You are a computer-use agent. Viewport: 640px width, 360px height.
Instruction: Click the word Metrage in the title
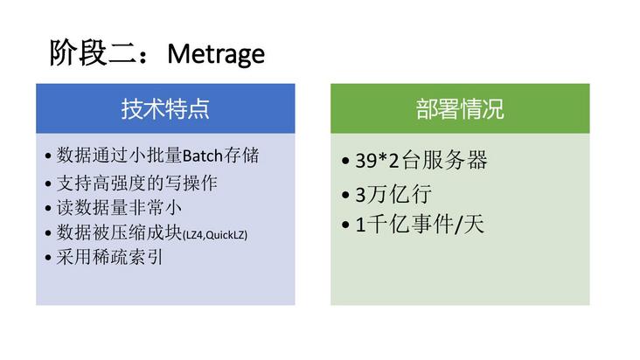[216, 54]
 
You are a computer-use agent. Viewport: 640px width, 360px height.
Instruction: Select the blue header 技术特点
[165, 108]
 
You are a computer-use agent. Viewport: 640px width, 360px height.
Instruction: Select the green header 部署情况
[460, 108]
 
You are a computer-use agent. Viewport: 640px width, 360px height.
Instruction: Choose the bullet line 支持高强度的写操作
[136, 183]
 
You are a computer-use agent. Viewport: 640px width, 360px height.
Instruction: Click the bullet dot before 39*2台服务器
[347, 163]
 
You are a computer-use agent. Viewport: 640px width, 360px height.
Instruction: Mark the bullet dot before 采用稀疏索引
[47, 258]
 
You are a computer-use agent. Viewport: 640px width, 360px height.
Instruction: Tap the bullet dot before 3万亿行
[347, 195]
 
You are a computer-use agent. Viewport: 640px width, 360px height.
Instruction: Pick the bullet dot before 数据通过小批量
[47, 158]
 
